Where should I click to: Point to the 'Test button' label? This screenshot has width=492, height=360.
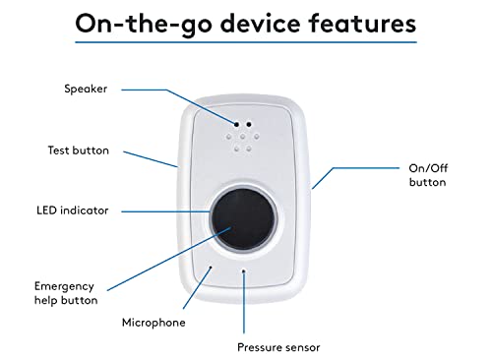tap(79, 150)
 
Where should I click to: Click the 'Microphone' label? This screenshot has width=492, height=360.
tap(153, 322)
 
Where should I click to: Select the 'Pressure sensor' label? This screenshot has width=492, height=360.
tap(277, 346)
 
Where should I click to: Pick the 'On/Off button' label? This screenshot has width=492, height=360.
tap(427, 175)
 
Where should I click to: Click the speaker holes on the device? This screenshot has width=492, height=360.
tap(241, 138)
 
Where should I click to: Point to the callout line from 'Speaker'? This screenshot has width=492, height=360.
tap(197, 105)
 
